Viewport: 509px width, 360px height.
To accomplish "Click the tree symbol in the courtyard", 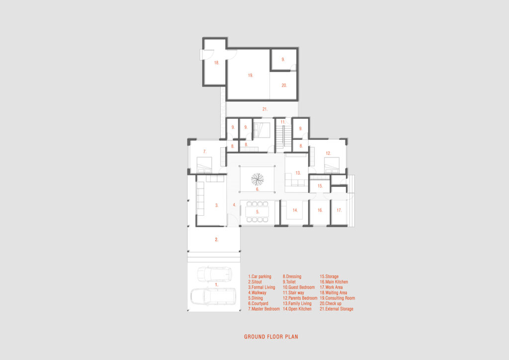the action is (257, 179).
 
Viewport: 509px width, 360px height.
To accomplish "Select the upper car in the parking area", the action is (215, 274).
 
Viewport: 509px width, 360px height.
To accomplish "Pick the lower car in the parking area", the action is (213, 296).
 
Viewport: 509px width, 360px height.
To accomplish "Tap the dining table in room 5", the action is (257, 212).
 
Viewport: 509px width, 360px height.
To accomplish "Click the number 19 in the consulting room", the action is (251, 75).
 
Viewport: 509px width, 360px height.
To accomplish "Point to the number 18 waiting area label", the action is (217, 63).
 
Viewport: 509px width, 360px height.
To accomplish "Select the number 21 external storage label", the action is (265, 109).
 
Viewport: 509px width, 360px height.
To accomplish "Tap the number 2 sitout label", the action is (217, 240).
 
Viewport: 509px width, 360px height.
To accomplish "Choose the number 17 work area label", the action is (339, 210).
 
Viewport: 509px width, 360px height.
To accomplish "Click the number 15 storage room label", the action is (320, 186).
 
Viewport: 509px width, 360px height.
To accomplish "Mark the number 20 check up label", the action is (284, 86).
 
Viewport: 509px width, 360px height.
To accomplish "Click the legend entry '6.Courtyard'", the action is (258, 303).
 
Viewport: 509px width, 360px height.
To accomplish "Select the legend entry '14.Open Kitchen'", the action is (297, 309).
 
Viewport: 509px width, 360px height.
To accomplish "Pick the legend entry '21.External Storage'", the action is (337, 309).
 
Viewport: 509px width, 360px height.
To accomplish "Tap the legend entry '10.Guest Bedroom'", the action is (299, 287).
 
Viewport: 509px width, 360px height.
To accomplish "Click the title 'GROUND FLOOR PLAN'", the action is (271, 337).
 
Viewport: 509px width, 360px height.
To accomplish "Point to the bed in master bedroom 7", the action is (204, 165).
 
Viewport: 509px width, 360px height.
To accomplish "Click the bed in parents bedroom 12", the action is (332, 165).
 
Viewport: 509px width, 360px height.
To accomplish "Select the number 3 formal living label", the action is (217, 205).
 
